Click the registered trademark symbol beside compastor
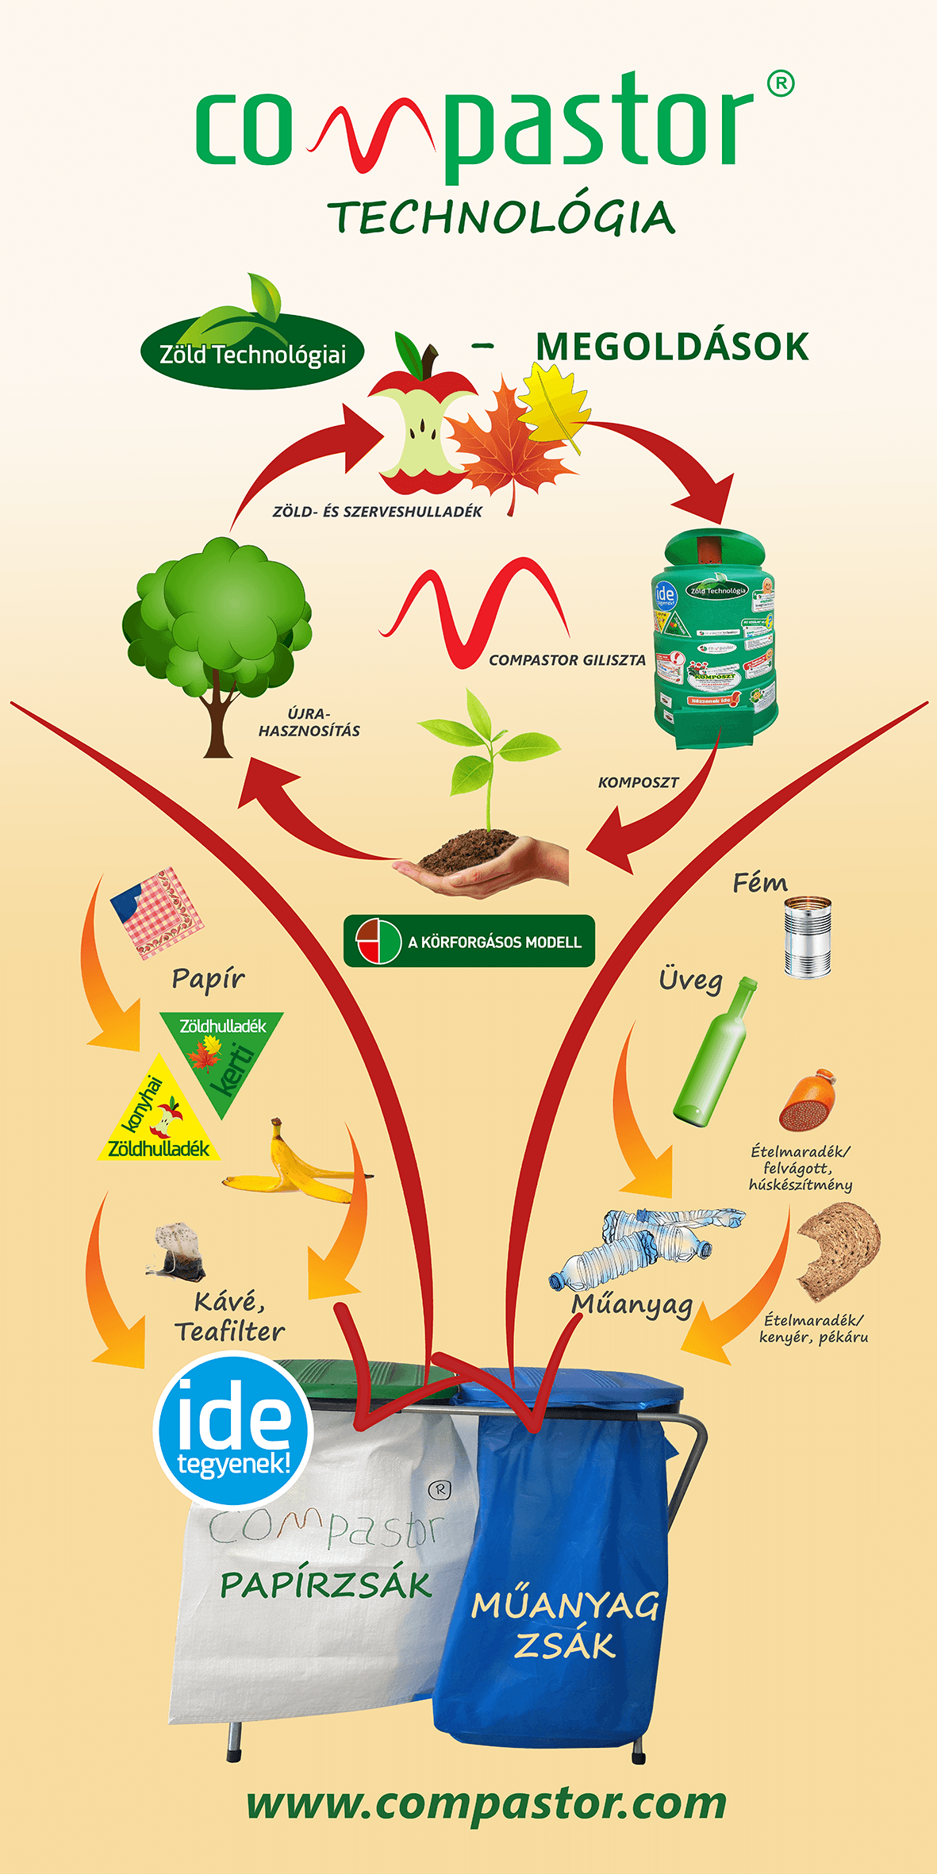click(x=781, y=83)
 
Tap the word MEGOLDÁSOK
click(x=672, y=347)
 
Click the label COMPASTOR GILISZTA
click(x=566, y=660)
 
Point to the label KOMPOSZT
click(x=638, y=782)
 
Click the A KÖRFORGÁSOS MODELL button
click(x=469, y=941)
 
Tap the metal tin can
click(x=808, y=936)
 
